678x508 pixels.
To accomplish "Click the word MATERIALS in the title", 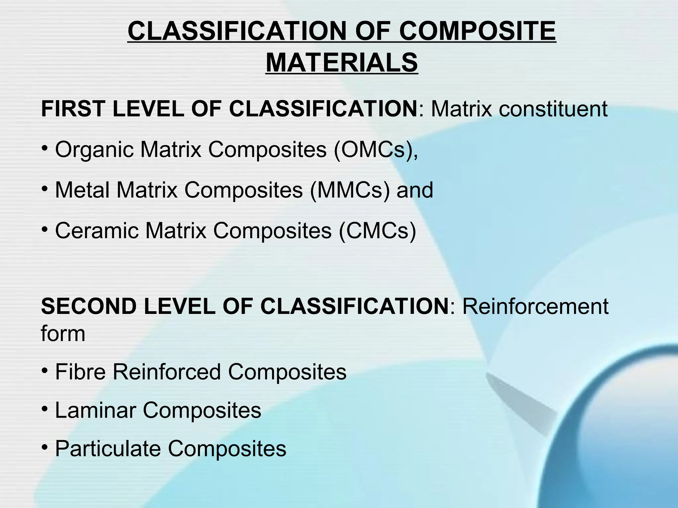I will pos(341,63).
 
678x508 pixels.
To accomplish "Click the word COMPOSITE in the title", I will pos(477,31).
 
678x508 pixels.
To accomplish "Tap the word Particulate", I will pos(108,449).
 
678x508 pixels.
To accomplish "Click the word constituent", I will pos(553,109).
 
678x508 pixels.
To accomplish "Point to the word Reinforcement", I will pos(535,306).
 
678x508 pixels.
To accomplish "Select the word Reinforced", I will pos(167,372).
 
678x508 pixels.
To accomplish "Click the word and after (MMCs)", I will pos(415,190).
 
